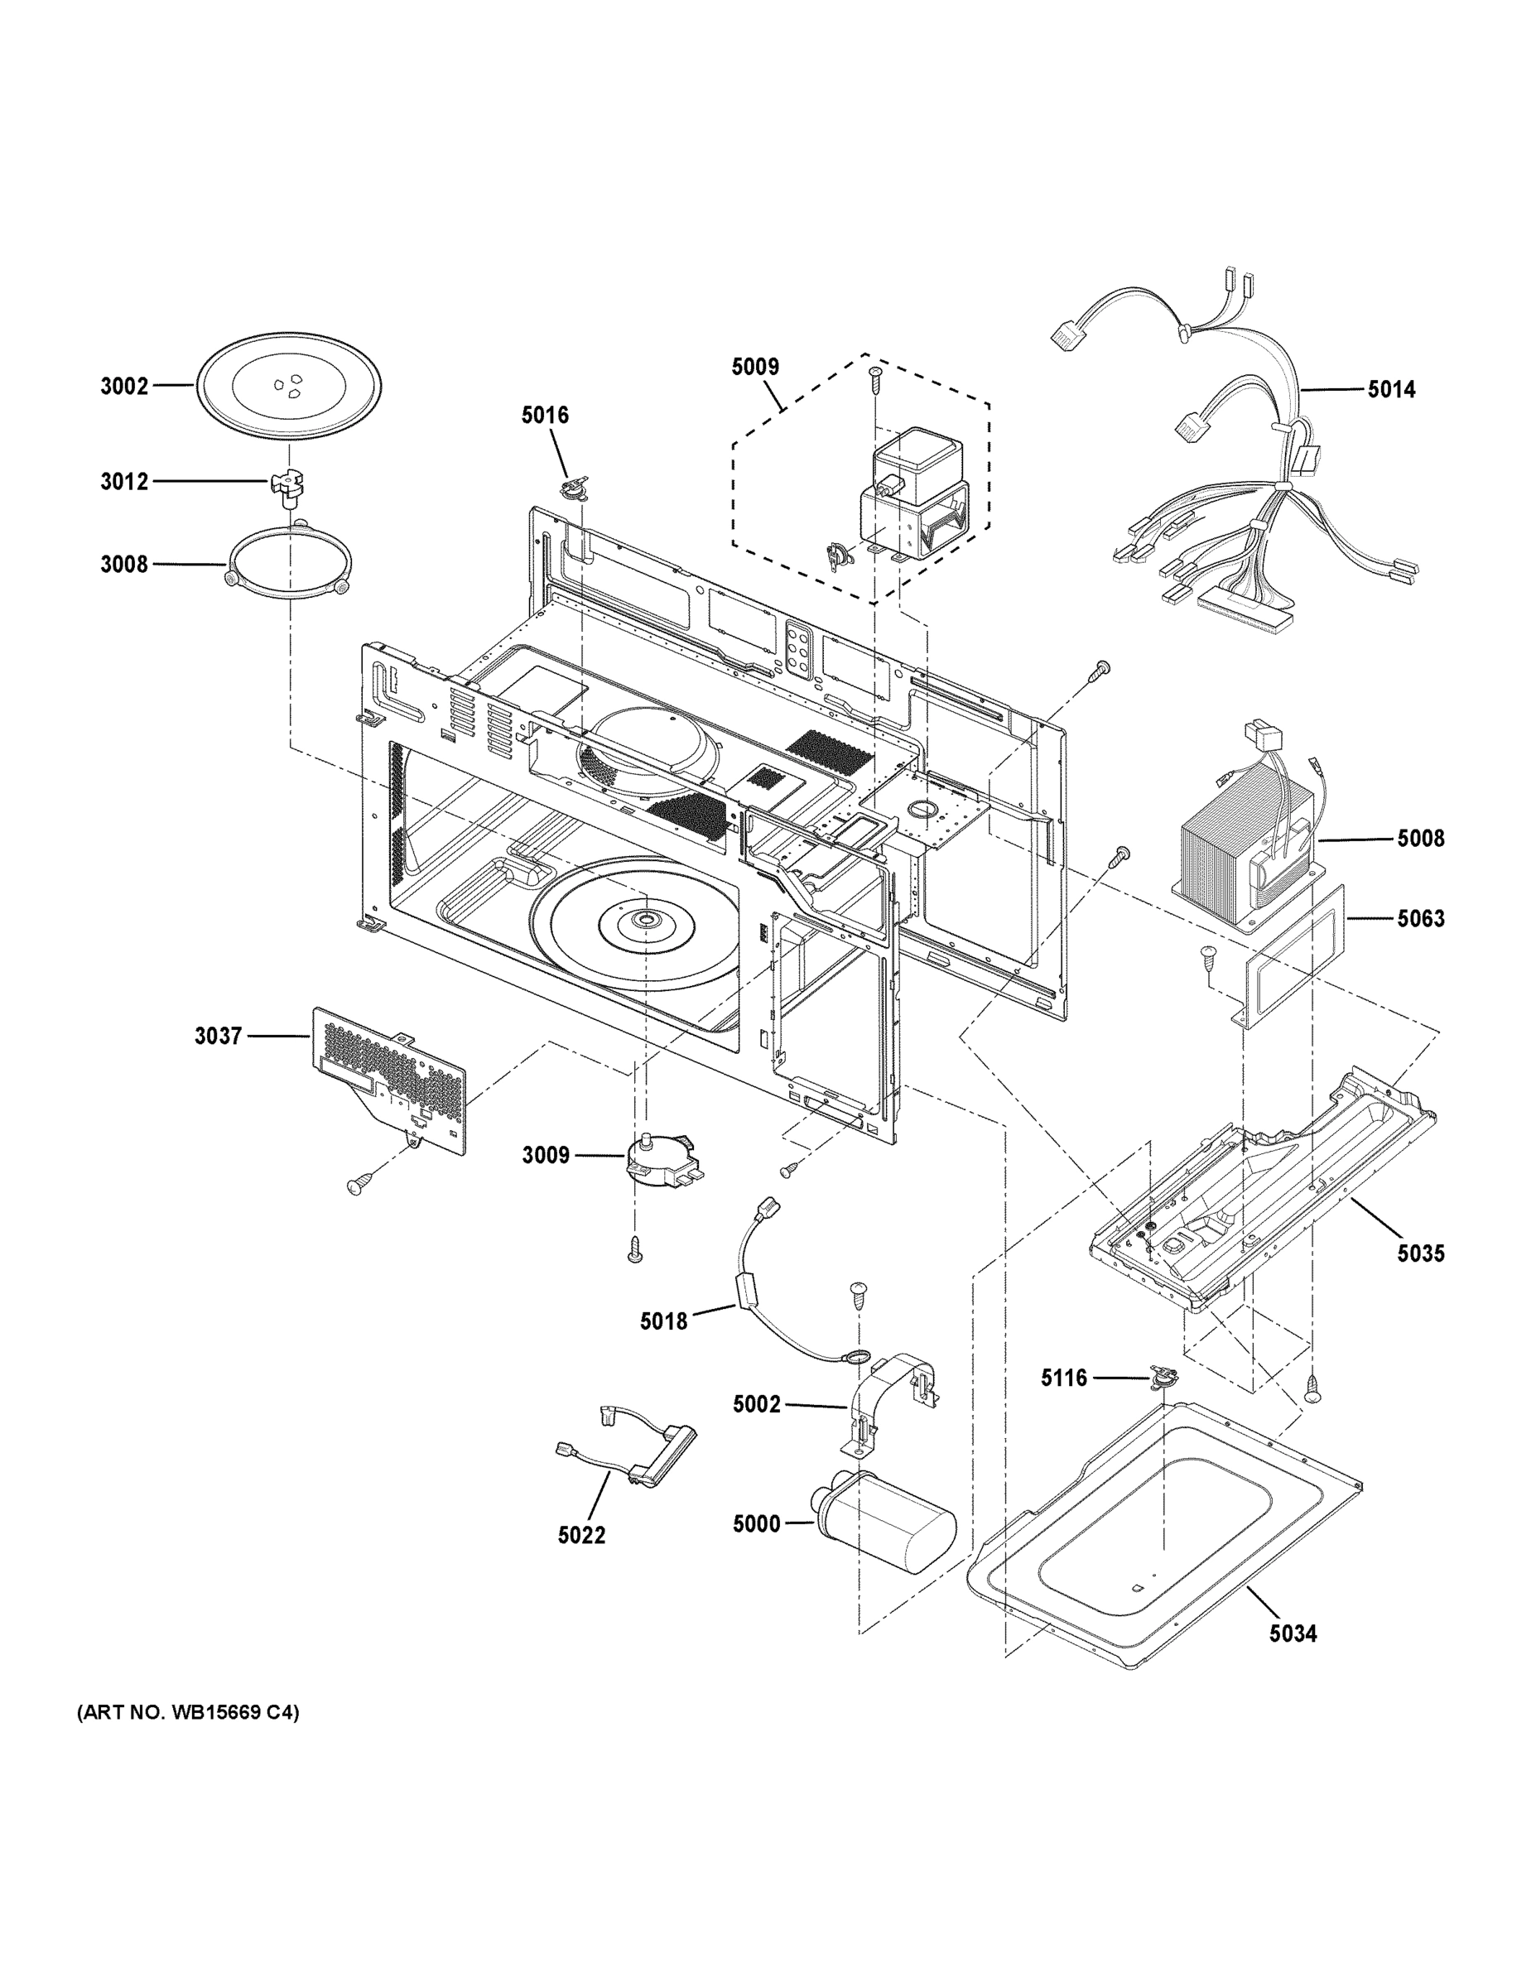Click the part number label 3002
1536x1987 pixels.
tap(123, 387)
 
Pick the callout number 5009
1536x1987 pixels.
tap(754, 367)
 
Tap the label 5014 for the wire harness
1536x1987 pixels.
tap(1391, 389)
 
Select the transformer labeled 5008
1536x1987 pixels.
tap(1245, 855)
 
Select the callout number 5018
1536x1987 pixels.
tap(663, 1321)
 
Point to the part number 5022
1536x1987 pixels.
tap(581, 1536)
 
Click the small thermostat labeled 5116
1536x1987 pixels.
tap(1161, 1379)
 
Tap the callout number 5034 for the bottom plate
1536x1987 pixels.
tap(1293, 1634)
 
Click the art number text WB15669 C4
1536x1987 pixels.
tap(187, 1713)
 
